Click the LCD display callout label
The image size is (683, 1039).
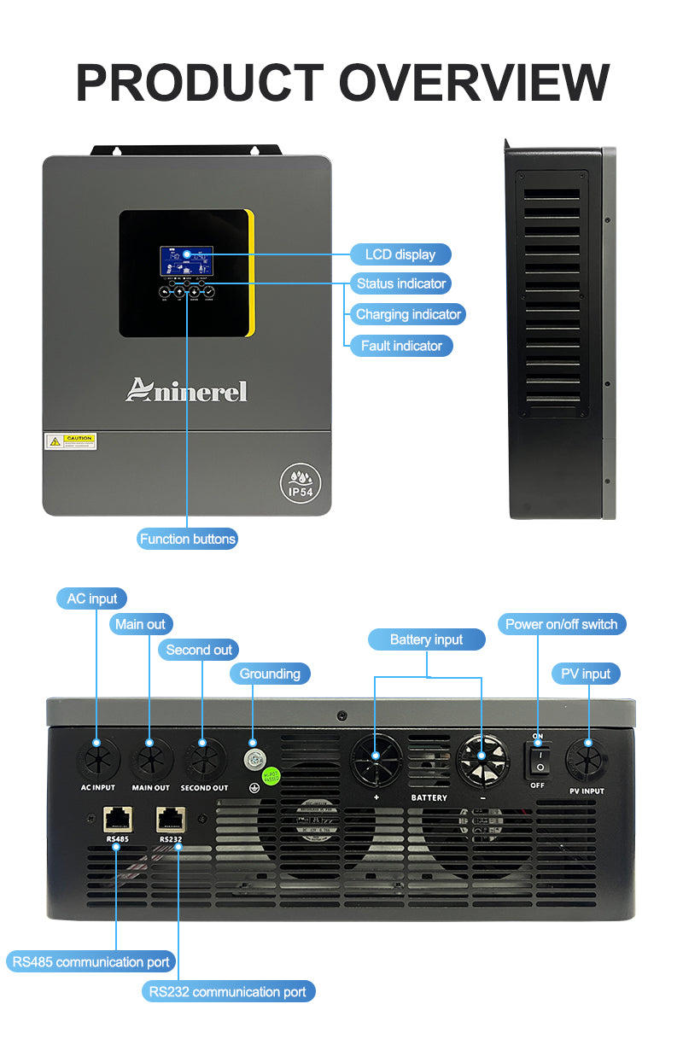click(x=400, y=254)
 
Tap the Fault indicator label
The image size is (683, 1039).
click(x=401, y=346)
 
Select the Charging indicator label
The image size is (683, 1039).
click(x=408, y=314)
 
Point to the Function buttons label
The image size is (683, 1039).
click(x=188, y=539)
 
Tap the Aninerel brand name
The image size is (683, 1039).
click(x=186, y=390)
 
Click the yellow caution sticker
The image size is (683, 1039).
click(x=71, y=441)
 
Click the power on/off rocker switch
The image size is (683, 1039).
click(x=538, y=758)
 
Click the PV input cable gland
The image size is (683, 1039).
click(x=587, y=757)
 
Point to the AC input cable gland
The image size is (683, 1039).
click(x=96, y=757)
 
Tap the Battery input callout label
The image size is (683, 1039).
click(x=426, y=639)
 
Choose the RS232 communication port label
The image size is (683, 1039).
click(x=228, y=991)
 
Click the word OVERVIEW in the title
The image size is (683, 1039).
click(x=474, y=83)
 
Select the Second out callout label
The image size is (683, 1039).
click(x=199, y=650)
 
